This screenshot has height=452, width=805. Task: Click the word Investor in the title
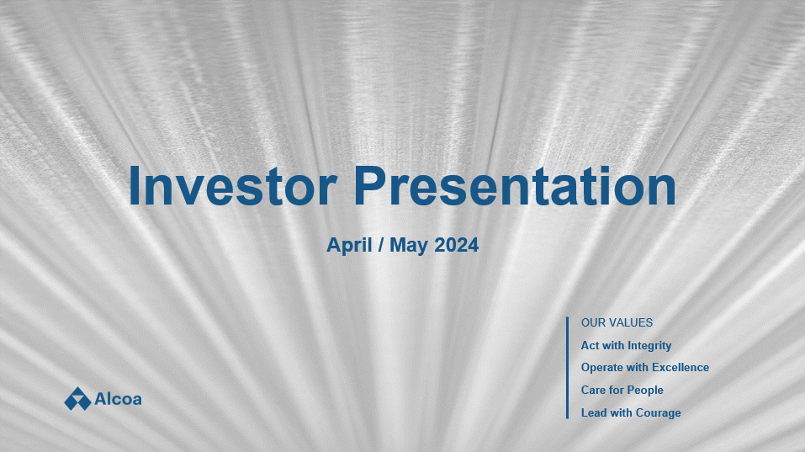point(232,185)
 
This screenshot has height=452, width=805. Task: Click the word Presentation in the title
point(515,185)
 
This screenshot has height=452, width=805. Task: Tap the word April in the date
point(349,245)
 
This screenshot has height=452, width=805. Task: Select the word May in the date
point(409,245)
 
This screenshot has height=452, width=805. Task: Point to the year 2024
point(457,244)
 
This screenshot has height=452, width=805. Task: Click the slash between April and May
point(381,244)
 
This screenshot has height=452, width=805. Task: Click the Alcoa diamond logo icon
point(77,399)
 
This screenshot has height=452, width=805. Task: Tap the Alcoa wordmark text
point(118,399)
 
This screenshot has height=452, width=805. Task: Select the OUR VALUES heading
point(617,322)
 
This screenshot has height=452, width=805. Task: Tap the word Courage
point(659,413)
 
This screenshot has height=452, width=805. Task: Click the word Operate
point(601,368)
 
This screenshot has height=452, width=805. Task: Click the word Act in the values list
point(590,345)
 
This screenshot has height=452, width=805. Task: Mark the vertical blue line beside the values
point(567,368)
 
